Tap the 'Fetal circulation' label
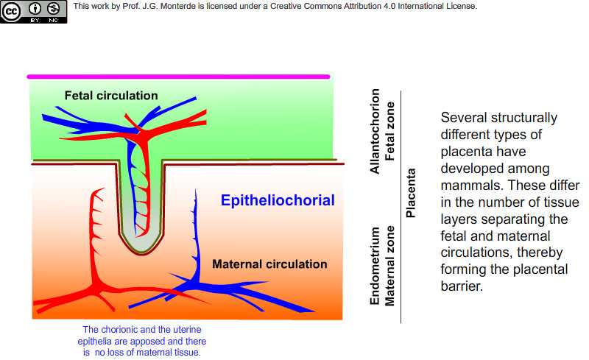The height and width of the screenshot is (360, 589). click(x=111, y=96)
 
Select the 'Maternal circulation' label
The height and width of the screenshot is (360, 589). click(x=269, y=264)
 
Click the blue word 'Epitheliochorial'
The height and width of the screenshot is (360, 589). click(x=278, y=200)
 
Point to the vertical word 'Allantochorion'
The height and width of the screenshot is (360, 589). click(x=375, y=131)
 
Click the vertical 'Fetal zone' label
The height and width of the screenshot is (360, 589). click(x=390, y=131)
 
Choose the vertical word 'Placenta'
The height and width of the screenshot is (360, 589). click(x=411, y=193)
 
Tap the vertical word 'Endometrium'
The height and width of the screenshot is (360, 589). click(x=375, y=266)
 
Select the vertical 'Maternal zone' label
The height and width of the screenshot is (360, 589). click(x=390, y=266)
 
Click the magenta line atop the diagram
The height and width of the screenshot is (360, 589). click(x=178, y=77)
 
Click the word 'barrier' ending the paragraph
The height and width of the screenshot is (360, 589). click(x=462, y=286)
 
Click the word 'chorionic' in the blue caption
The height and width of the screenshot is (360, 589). click(x=119, y=330)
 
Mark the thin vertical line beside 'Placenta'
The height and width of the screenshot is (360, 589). click(x=401, y=207)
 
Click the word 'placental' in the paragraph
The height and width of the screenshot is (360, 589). click(x=540, y=269)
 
